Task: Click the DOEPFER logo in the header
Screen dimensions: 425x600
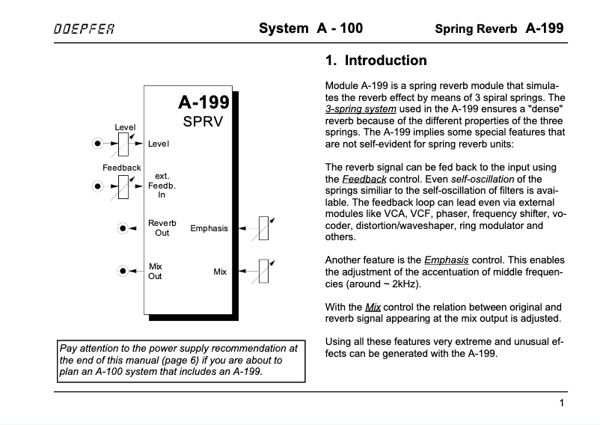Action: [x=85, y=29]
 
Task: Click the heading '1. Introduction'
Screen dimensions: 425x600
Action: [x=376, y=61]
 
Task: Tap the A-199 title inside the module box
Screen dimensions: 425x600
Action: [x=203, y=104]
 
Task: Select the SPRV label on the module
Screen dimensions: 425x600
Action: [x=203, y=122]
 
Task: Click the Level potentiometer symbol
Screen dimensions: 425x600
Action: [x=124, y=142]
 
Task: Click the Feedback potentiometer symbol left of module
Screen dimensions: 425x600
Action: [x=124, y=186]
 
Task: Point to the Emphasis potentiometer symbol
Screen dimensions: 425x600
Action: [x=263, y=228]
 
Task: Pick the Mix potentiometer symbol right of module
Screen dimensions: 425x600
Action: [x=263, y=271]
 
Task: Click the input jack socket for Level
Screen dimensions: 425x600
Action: [x=97, y=143]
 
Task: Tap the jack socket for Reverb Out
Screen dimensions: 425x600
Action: [x=122, y=228]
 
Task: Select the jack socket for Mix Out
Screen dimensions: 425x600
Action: [x=122, y=271]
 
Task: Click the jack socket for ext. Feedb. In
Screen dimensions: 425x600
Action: [x=97, y=186]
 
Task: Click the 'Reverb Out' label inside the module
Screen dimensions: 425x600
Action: [x=162, y=228]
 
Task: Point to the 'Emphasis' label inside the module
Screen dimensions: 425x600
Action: [x=209, y=228]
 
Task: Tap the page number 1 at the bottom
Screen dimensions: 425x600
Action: [x=560, y=404]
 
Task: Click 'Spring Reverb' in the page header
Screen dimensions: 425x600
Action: [x=476, y=30]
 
